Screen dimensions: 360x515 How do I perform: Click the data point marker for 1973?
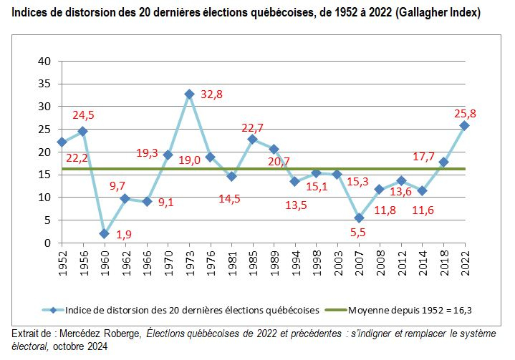pyautogui.click(x=189, y=94)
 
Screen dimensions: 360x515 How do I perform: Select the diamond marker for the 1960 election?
pyautogui.click(x=105, y=234)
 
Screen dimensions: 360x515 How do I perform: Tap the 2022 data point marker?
pyautogui.click(x=464, y=125)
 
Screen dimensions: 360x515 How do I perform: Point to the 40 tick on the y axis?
pyautogui.click(x=43, y=62)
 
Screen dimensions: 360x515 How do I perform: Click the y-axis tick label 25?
pyautogui.click(x=43, y=130)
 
